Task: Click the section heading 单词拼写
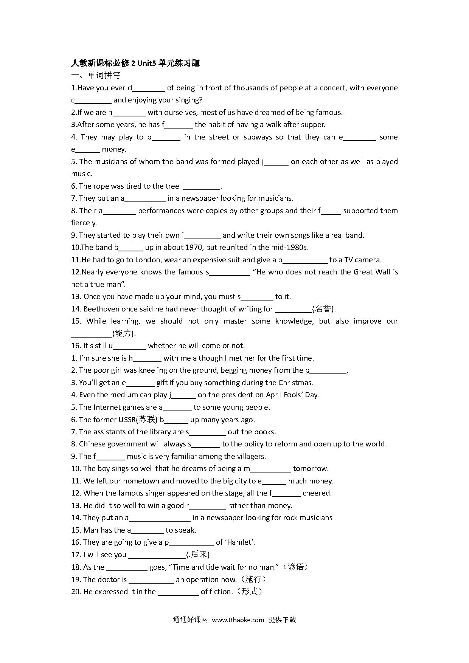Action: [x=104, y=76]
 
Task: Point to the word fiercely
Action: [x=84, y=223]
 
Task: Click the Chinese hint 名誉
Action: [x=323, y=309]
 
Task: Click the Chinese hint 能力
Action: [x=123, y=334]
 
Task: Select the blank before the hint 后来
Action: [x=157, y=555]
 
